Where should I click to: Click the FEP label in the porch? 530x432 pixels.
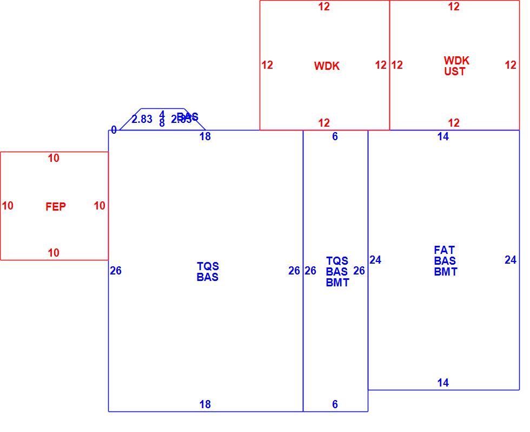[56, 207]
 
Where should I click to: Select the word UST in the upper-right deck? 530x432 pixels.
[454, 71]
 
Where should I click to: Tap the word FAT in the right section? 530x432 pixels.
[444, 250]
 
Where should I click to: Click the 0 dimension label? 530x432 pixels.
[114, 130]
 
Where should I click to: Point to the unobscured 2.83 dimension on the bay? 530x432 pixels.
[142, 119]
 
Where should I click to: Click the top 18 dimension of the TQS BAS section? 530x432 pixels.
[205, 136]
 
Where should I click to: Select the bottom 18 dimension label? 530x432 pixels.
[205, 404]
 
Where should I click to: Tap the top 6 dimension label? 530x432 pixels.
[335, 136]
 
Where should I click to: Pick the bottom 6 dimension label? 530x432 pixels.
[335, 404]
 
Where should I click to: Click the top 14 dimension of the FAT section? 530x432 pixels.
[443, 136]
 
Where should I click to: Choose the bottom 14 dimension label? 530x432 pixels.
[443, 383]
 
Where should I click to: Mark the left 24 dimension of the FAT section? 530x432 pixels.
[375, 260]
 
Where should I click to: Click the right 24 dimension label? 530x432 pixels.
[511, 260]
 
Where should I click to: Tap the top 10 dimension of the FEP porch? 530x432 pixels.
[54, 158]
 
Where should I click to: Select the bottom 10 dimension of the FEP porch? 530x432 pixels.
[54, 253]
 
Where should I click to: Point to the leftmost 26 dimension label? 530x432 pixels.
[116, 271]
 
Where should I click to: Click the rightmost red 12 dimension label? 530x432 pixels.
[511, 65]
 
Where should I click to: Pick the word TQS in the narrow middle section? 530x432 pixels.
[337, 261]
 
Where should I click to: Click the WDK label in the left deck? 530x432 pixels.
[327, 66]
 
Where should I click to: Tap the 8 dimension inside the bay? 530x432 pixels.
[162, 123]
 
